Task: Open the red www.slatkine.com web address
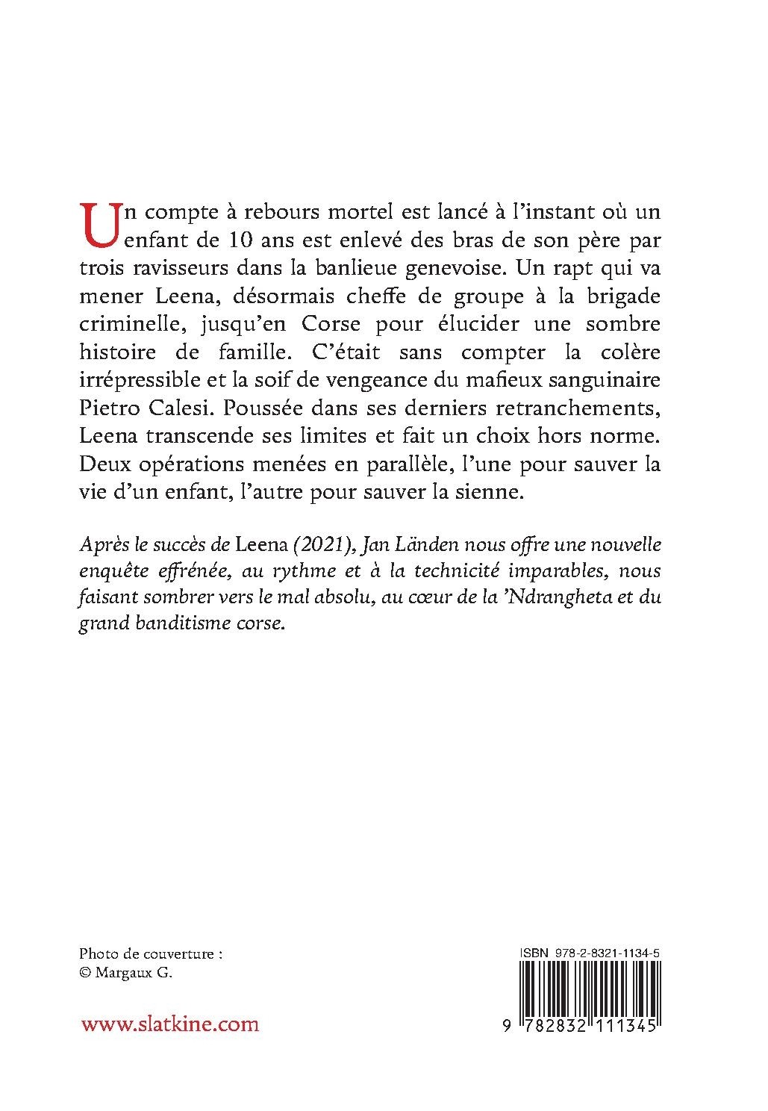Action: click(170, 1024)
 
